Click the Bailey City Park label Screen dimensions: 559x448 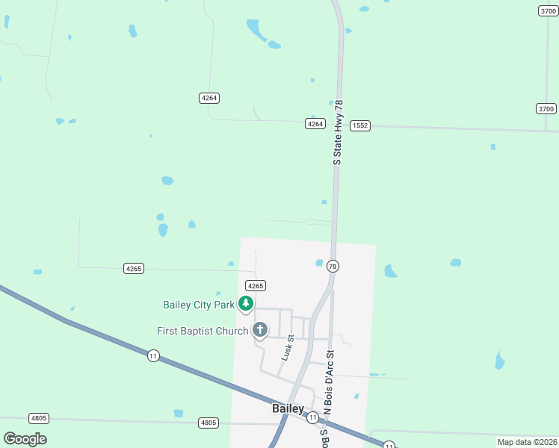coord(198,305)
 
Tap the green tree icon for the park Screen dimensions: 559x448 coord(245,303)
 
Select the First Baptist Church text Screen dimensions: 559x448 coord(202,331)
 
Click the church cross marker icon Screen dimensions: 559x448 coord(260,329)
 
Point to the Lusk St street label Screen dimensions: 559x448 coord(287,348)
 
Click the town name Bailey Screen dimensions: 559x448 coord(288,409)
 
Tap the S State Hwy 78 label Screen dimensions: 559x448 coord(338,132)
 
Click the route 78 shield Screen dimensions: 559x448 coord(333,267)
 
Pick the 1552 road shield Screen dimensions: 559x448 coord(360,126)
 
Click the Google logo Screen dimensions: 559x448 coord(25,439)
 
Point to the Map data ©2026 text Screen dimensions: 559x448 coord(526,442)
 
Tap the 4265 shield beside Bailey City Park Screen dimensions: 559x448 coord(256,286)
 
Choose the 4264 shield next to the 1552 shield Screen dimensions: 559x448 coord(315,124)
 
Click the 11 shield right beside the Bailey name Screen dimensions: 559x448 coord(312,418)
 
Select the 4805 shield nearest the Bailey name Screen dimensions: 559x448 coord(209,423)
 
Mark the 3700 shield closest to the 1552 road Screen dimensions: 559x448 coord(546,109)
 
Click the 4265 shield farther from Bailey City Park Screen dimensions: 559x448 coord(133,268)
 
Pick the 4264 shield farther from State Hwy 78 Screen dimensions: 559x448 coord(209,98)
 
